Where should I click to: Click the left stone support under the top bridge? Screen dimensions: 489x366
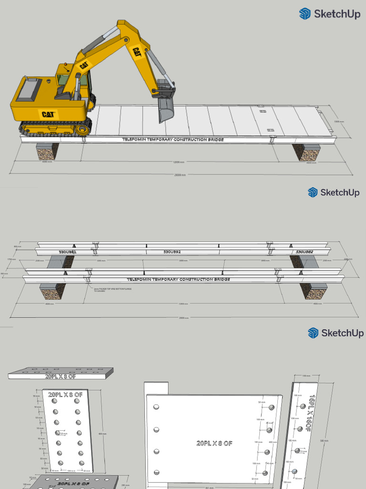48,151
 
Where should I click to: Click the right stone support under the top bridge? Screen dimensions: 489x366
307,152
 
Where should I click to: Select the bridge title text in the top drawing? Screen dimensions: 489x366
173,139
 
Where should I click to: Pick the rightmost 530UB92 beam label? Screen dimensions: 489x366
304,252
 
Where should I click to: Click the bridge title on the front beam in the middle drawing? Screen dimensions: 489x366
178,279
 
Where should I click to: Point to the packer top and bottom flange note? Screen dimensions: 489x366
105,290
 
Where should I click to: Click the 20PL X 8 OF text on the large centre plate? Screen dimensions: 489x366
214,443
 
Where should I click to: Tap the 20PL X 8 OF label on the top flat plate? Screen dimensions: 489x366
60,376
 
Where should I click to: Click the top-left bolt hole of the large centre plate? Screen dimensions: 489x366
156,407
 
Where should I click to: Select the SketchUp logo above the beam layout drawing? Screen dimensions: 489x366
333,192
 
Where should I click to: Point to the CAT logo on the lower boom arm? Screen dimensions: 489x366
84,64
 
